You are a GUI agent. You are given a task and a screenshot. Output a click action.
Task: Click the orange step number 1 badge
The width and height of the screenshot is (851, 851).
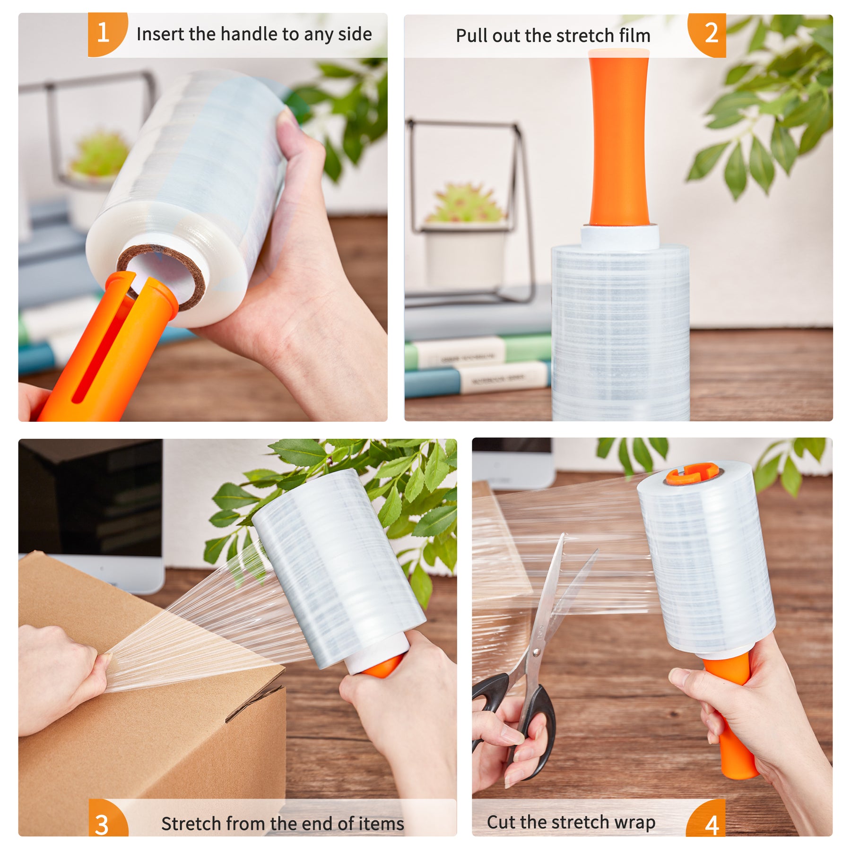[107, 34]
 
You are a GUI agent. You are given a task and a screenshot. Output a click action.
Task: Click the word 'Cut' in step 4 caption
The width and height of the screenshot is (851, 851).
[501, 822]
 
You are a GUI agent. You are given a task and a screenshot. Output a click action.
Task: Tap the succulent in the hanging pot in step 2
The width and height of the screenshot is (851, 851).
[466, 203]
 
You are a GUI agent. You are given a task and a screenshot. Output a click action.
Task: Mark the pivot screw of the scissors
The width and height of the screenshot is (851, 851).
[536, 652]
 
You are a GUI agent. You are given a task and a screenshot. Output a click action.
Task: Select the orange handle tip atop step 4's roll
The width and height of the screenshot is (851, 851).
[693, 475]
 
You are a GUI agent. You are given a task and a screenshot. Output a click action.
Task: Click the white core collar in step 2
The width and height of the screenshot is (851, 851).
[620, 237]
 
